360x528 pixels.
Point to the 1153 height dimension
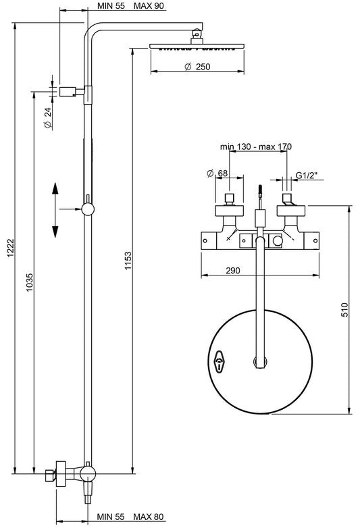coord(127,262)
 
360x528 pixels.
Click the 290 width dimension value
coord(233,270)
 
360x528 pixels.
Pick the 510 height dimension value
coord(344,310)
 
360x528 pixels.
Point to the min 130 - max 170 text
coord(255,146)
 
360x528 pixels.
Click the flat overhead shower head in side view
coord(196,46)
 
